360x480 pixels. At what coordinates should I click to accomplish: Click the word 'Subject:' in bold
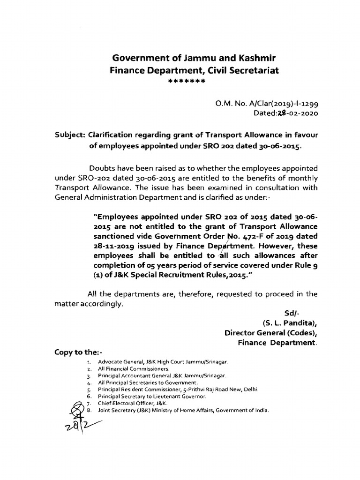[x=69, y=135]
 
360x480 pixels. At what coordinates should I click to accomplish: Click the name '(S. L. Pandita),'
[x=289, y=323]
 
